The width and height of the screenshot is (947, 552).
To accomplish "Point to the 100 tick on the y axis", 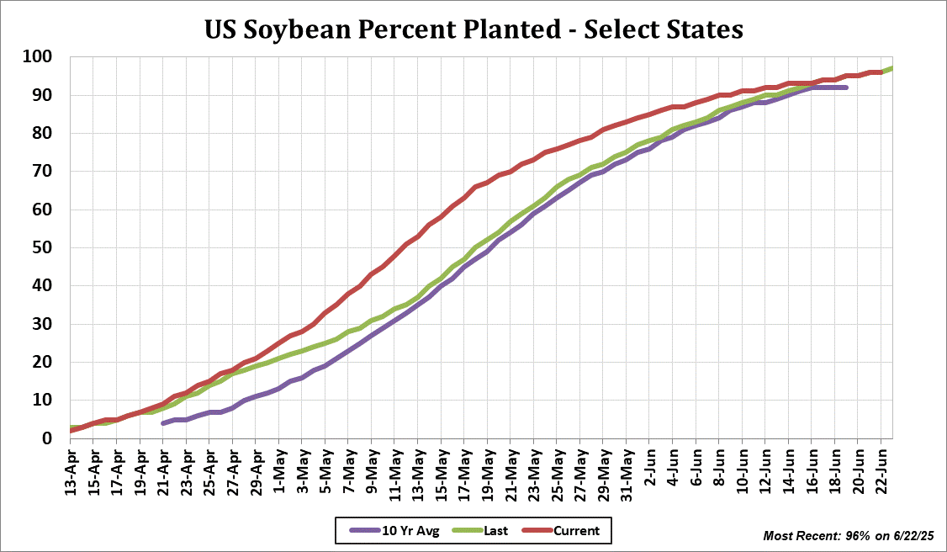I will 40,57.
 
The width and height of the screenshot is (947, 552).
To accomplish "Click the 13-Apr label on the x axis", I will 73,470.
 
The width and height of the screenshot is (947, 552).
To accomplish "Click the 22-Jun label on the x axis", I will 882,470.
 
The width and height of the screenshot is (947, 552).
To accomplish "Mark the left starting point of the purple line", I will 163,422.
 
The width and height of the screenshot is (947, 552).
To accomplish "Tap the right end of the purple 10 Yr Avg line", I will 846,88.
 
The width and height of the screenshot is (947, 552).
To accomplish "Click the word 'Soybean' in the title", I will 325,29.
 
